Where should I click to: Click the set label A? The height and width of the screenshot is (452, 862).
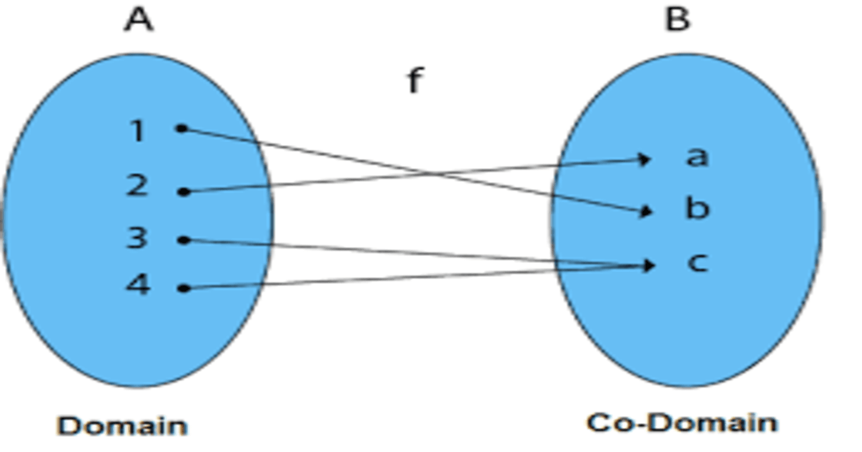point(139,20)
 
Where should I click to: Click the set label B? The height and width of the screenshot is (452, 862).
point(677,19)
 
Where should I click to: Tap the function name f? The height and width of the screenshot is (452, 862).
point(414,81)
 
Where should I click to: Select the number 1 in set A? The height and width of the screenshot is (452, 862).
point(138,131)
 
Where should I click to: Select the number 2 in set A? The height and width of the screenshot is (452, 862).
point(137,185)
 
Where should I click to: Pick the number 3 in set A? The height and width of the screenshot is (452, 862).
point(137,237)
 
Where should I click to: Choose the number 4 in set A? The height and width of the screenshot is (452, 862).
point(137,284)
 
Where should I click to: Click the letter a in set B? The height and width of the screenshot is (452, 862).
point(696,157)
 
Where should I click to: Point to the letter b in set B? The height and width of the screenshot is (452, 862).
point(697,208)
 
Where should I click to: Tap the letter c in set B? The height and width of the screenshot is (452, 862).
point(697,263)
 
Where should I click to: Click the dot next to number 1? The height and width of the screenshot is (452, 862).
point(182,128)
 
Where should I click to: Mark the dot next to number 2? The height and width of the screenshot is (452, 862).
point(184,192)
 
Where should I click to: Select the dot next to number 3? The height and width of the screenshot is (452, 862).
point(184,240)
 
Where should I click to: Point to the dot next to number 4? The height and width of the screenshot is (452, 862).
point(184,288)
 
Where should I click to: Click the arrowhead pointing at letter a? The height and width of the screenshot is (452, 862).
point(644,159)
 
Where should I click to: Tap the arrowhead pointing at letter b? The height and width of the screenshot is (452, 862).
point(645,211)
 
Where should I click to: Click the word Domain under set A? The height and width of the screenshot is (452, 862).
point(122,426)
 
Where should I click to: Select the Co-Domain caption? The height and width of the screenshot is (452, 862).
point(682,423)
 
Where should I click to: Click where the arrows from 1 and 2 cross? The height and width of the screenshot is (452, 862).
point(431,173)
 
